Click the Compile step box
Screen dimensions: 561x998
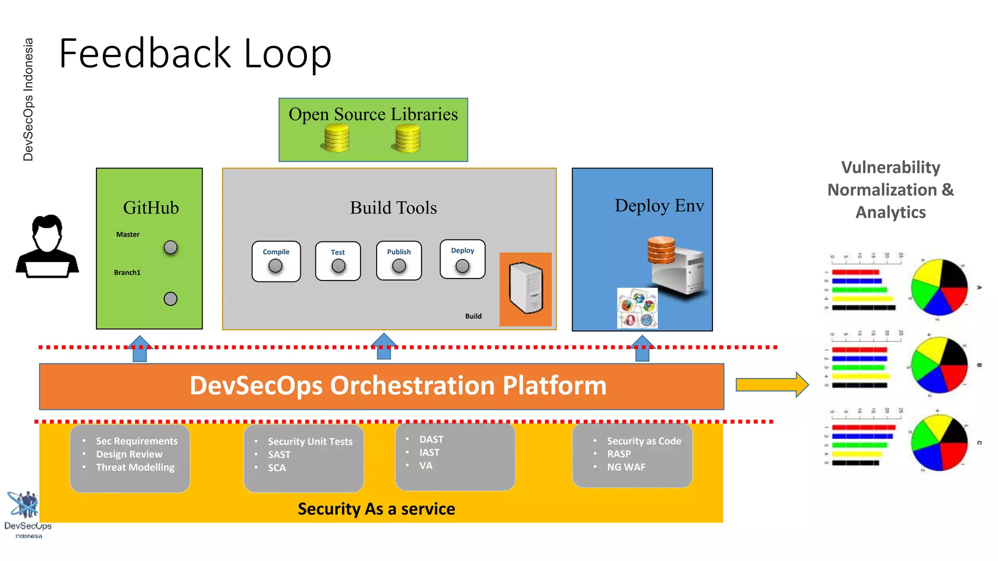(276, 261)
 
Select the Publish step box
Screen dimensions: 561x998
(399, 261)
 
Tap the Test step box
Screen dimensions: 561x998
(338, 261)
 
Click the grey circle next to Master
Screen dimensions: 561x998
(171, 247)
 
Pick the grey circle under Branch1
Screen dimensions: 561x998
(171, 299)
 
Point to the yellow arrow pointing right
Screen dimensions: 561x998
(771, 385)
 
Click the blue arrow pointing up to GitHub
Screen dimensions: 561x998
(140, 348)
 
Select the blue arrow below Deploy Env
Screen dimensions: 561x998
(642, 348)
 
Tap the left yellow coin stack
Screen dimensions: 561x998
(336, 138)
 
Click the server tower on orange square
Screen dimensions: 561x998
(526, 288)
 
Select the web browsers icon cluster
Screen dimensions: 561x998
(637, 308)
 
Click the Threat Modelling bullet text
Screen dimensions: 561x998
(135, 467)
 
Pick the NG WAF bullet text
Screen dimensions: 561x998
(626, 467)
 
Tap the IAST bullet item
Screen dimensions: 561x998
(429, 452)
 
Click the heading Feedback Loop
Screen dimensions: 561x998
(195, 54)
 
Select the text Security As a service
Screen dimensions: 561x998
(376, 509)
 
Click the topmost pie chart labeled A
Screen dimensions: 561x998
(939, 287)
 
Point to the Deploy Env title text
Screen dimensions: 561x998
(659, 206)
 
